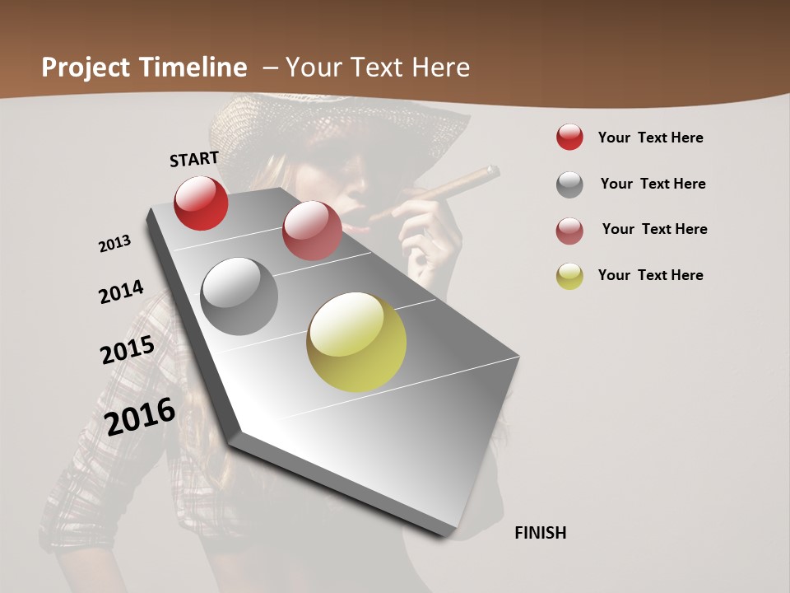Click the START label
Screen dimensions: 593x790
[x=194, y=159]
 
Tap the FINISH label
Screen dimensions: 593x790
[x=541, y=533]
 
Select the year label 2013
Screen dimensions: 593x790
[x=114, y=244]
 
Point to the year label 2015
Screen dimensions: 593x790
[x=128, y=350]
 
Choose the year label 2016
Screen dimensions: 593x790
[x=140, y=417]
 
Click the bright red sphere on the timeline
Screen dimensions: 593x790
[x=201, y=203]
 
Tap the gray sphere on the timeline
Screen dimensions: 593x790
[x=239, y=296]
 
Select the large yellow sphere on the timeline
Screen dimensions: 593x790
[x=356, y=342]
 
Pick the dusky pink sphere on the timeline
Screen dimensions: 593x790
[x=312, y=231]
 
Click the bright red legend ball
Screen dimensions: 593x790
[x=569, y=137]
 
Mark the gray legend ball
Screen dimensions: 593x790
[x=569, y=184]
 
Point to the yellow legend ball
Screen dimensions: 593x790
[x=569, y=276]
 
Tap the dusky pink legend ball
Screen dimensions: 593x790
[x=569, y=231]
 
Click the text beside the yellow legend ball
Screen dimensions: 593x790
[x=651, y=275]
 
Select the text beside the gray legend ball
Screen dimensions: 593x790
[x=653, y=184]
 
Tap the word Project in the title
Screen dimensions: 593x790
[x=86, y=68]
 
